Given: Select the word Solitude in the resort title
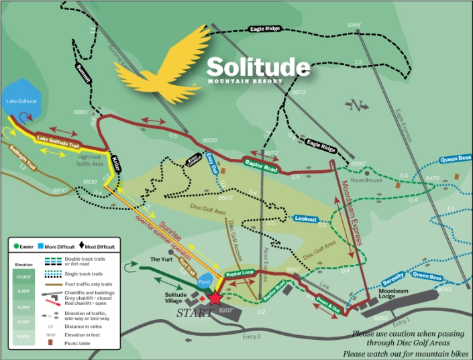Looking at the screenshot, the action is (x=258, y=66).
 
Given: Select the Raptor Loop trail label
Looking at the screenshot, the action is (x=240, y=274).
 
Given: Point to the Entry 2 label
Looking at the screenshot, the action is (x=252, y=335).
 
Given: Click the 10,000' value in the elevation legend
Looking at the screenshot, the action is (x=23, y=276).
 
